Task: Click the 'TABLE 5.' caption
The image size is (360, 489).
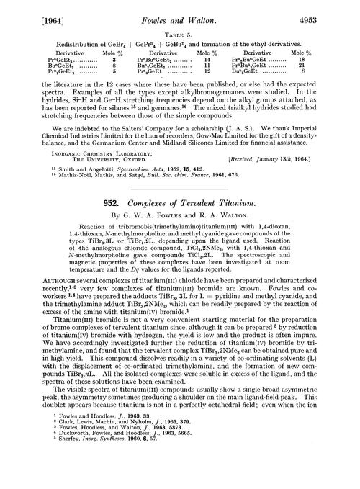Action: [180, 27]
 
